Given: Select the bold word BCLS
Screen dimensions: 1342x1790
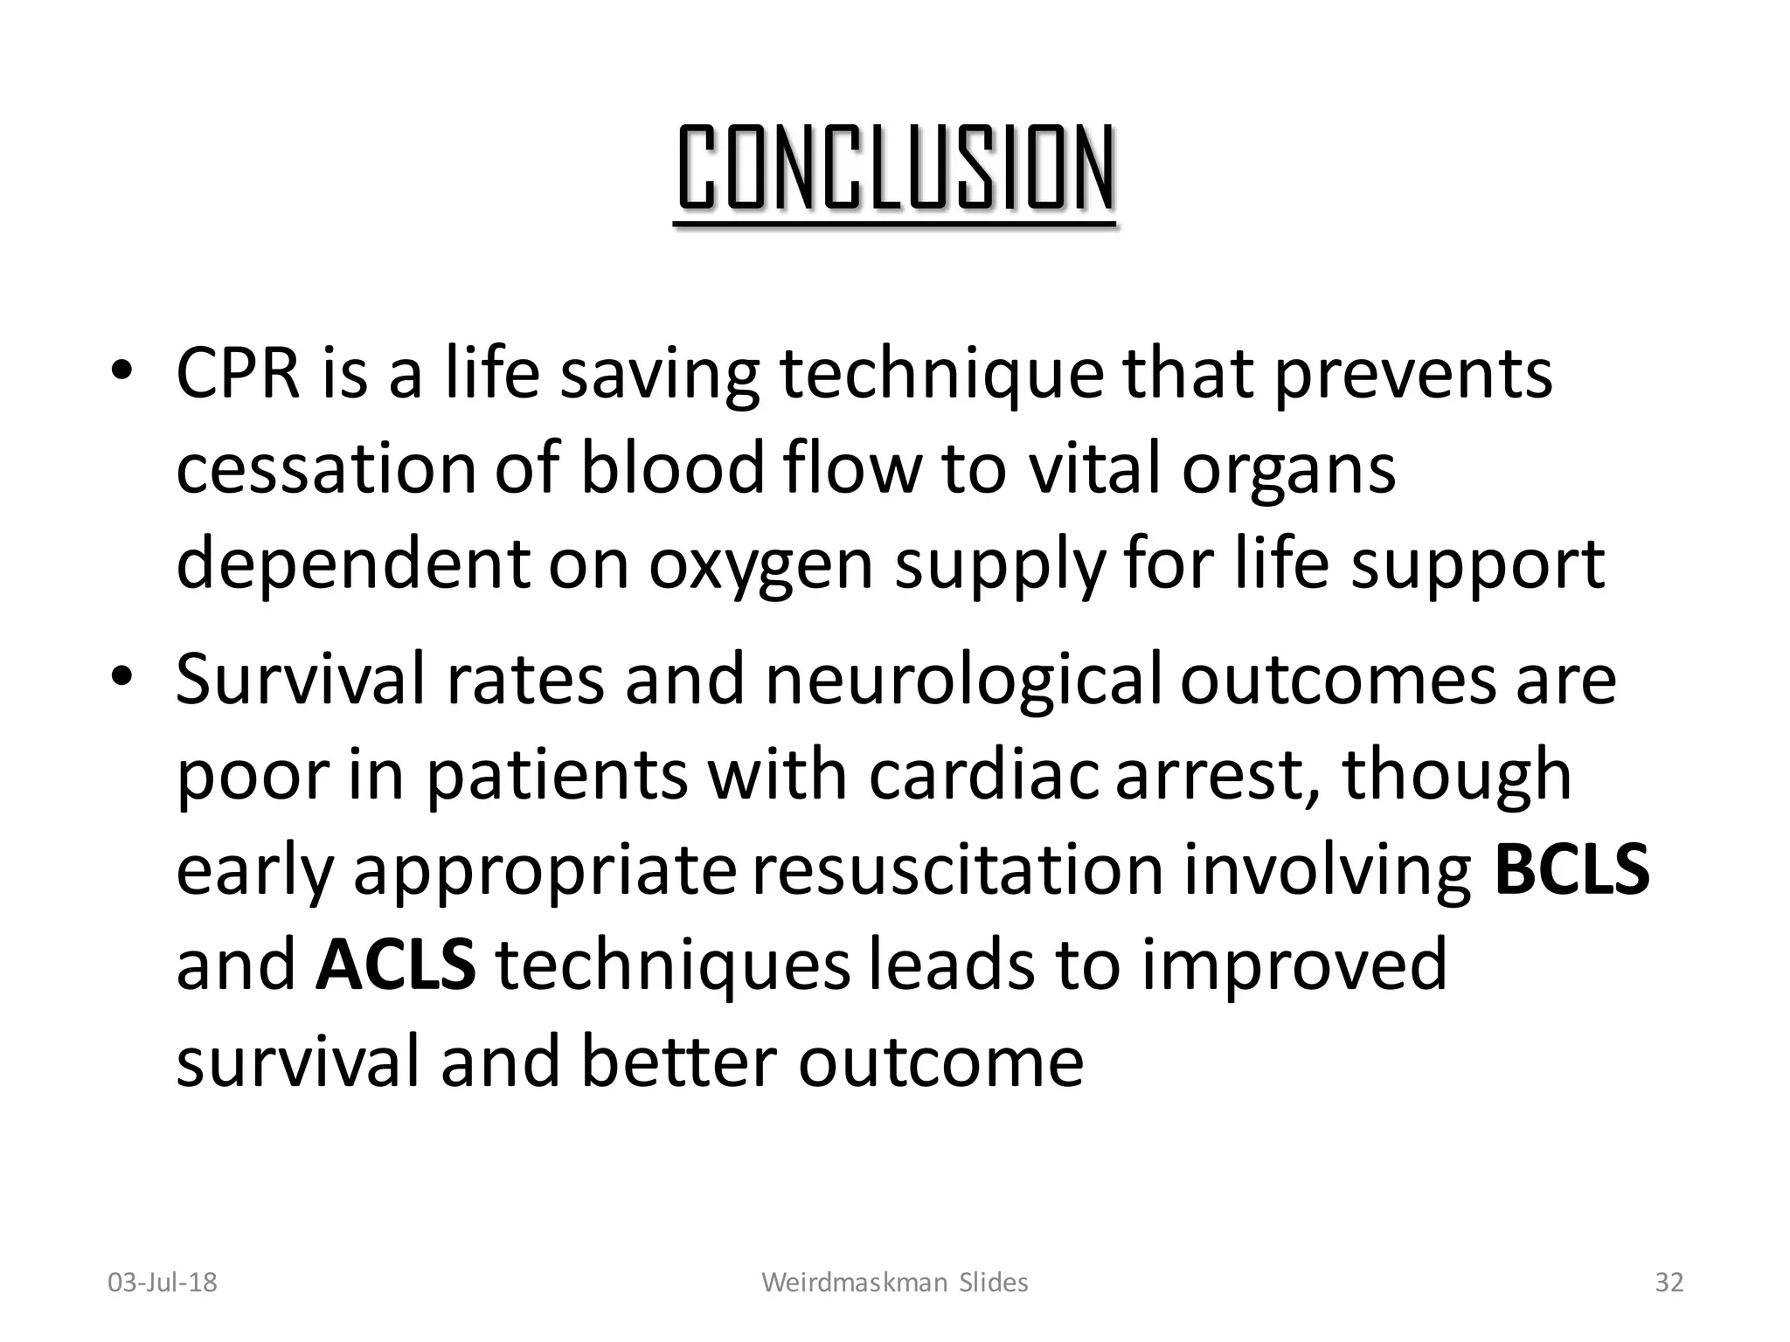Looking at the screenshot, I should pos(1571,870).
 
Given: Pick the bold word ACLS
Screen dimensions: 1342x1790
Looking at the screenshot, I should pos(396,965).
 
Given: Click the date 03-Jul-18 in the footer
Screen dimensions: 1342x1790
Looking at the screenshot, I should pos(163,1283).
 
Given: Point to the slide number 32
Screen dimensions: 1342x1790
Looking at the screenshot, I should pos(1669,1283).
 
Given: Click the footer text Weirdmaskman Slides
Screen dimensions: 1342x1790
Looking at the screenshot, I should pos(895,1283).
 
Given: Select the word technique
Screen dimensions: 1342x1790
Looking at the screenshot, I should pos(941,374).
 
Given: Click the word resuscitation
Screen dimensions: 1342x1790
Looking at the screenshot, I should pos(957,870).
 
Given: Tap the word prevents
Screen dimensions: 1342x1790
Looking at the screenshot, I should pos(1412,374).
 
